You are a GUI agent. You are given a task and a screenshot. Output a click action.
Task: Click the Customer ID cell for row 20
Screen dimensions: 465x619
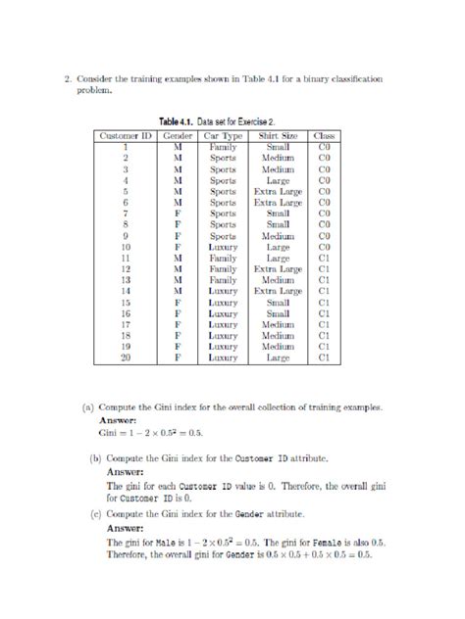coord(125,358)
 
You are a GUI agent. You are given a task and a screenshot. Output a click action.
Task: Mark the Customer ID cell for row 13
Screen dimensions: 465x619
coord(125,279)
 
